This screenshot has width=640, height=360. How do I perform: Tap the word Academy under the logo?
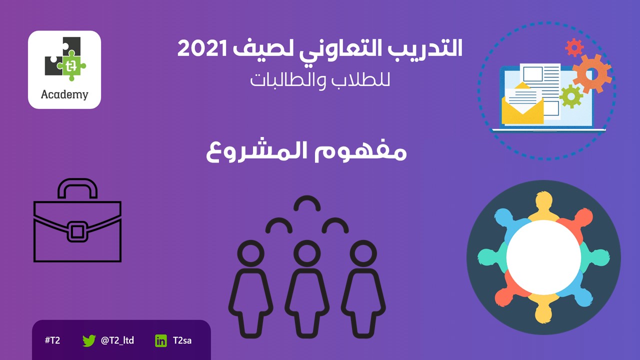coord(64,94)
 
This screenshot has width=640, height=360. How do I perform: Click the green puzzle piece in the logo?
coord(71,65)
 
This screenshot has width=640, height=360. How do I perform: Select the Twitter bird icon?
coord(89,340)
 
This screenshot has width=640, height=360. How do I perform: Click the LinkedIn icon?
coord(161,341)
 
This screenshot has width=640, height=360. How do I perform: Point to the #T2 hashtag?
coord(52,340)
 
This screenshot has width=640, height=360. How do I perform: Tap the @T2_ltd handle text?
coord(117,340)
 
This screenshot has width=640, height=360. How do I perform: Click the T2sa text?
coord(182,340)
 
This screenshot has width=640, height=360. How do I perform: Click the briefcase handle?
coord(77,183)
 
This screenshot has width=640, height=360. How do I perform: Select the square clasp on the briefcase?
coord(77,231)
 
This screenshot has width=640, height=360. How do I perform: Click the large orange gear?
coord(592,73)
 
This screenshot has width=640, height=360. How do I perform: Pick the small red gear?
coord(574,47)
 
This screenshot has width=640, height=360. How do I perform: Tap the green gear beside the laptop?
coord(571,96)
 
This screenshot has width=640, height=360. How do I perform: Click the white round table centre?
coord(543,257)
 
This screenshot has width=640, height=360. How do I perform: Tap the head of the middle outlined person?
coord(307,253)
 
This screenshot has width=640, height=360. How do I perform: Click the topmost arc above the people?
coord(307,201)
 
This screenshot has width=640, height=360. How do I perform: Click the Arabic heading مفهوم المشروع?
coord(306,151)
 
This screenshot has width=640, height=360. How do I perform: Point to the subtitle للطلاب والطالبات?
coord(320,80)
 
